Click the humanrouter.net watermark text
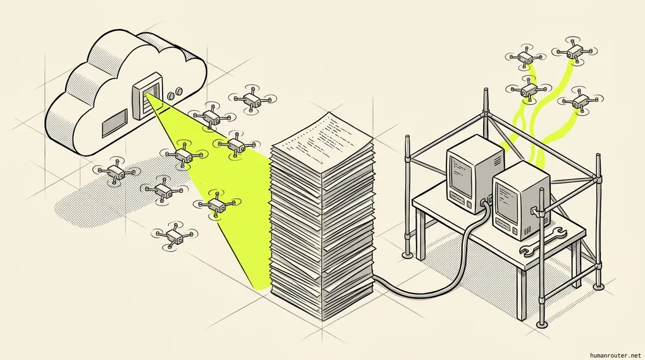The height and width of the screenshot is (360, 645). pos(615,355)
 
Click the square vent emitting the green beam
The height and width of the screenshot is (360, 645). pos(147,96)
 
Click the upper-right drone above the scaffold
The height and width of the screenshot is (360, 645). pos(574,51)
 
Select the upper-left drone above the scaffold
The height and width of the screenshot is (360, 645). pos(526,56)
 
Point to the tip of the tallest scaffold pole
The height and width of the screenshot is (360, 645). pos(486,89)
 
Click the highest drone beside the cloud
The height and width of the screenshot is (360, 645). pos(251,99)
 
